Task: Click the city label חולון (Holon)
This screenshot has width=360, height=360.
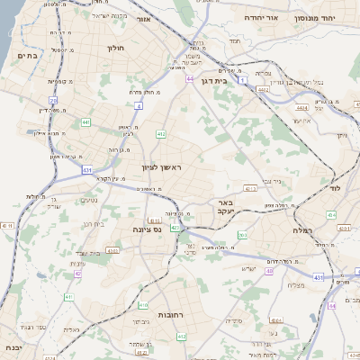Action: pyautogui.click(x=116, y=48)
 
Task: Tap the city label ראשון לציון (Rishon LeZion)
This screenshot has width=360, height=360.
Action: pyautogui.click(x=162, y=168)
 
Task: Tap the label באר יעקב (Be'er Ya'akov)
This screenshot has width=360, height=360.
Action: pyautogui.click(x=225, y=209)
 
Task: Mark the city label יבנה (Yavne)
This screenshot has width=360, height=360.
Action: pyautogui.click(x=12, y=346)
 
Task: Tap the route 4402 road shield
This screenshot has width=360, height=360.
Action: pyautogui.click(x=263, y=89)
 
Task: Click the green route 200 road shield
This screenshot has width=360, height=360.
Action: pyautogui.click(x=242, y=234)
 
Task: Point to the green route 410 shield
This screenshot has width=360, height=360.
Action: pyautogui.click(x=143, y=304)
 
